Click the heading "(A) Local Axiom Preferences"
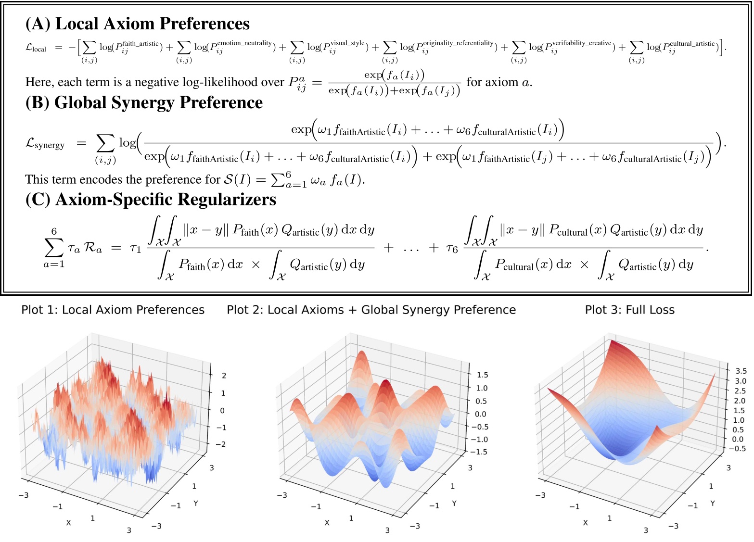[137, 24]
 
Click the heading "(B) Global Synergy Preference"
[144, 102]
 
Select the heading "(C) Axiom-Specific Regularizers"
[151, 199]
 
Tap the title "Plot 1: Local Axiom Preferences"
[113, 310]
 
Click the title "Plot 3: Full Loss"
[629, 310]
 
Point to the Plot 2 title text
[371, 310]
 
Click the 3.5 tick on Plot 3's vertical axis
[741, 371]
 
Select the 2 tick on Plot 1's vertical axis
[224, 376]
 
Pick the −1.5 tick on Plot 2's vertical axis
[478, 452]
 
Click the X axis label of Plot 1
[68, 522]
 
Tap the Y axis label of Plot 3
[713, 503]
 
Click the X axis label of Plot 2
[327, 522]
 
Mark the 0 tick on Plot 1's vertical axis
[222, 410]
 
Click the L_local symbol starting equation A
[36, 48]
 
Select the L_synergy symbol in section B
[45, 144]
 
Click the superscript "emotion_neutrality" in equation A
[244, 43]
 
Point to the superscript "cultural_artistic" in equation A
[692, 43]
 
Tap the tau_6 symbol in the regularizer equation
[451, 248]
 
